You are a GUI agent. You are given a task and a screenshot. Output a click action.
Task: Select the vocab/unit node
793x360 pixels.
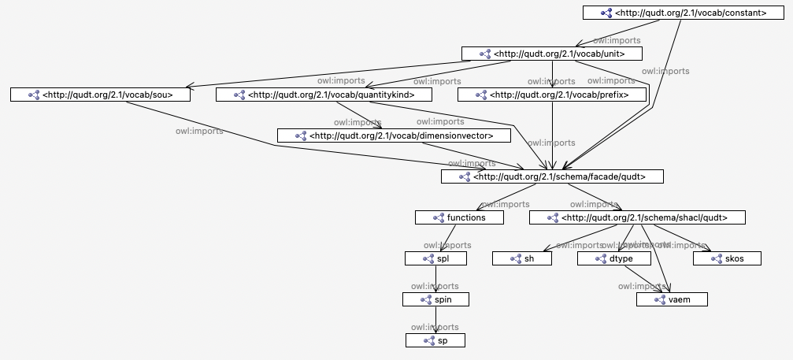tap(552, 54)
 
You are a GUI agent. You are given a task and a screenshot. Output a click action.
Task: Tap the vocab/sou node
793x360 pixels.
tap(102, 95)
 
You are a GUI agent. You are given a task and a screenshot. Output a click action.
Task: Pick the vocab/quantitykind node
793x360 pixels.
tap(325, 95)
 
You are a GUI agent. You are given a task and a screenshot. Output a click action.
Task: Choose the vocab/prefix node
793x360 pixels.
tap(553, 95)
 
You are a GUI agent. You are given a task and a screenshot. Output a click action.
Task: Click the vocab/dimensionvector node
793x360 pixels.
tap(393, 135)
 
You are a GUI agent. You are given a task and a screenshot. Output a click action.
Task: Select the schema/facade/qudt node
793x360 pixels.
tap(552, 176)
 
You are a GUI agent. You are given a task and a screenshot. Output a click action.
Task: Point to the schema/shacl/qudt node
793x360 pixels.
tap(636, 217)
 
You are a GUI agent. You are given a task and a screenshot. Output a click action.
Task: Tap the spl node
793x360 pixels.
tap(435, 258)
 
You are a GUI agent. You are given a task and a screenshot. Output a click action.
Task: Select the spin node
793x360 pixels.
tap(435, 299)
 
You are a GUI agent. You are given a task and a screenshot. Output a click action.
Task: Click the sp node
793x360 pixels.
tap(435, 340)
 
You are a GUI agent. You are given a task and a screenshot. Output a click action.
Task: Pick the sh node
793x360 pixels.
tap(522, 258)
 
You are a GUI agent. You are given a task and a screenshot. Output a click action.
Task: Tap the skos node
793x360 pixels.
tap(727, 258)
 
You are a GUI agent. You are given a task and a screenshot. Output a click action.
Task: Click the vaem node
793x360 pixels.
tap(672, 299)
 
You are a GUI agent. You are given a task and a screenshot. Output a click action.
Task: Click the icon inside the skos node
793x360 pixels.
tap(707, 258)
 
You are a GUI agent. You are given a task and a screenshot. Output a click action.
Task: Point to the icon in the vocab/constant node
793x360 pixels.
tap(606, 13)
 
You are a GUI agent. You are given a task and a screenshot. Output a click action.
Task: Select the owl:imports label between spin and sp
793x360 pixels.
tap(435, 327)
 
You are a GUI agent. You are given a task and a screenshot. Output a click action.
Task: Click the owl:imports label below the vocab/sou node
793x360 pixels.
tap(198, 131)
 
